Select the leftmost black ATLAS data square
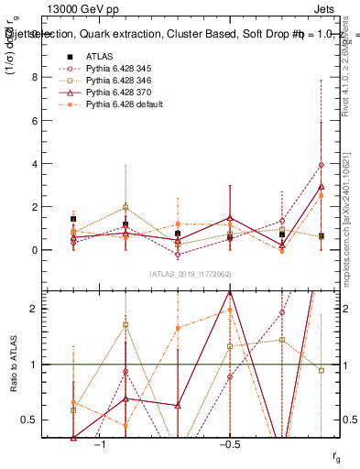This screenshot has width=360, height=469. (x=73, y=220)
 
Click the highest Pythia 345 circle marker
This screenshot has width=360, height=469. (x=321, y=165)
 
